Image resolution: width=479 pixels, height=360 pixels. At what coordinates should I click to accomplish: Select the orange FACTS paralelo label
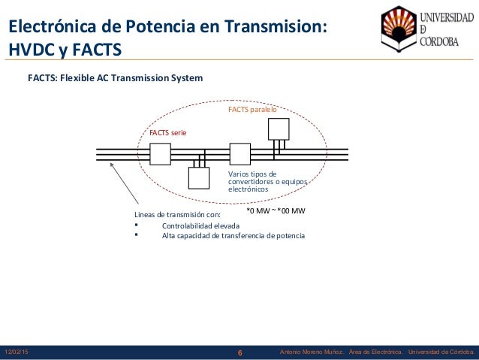pos(252,110)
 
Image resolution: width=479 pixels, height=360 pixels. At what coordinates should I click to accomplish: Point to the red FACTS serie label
pos(167,132)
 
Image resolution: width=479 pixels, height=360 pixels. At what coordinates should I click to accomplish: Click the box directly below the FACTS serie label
pos(161,154)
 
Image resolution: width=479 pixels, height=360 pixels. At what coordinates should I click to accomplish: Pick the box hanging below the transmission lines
pos(198,177)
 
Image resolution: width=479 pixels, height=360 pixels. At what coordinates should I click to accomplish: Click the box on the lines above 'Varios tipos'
pos(239,154)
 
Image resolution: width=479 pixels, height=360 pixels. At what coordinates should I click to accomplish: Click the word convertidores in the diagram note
pos(253,181)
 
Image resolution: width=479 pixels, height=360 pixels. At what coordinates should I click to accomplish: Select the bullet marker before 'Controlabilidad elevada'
pos(137,225)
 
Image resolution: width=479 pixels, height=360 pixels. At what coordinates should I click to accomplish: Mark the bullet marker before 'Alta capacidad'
pos(137,235)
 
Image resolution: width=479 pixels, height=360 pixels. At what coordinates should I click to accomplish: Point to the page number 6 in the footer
pos(239,352)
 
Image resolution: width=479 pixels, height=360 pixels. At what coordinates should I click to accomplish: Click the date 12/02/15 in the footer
pos(17,352)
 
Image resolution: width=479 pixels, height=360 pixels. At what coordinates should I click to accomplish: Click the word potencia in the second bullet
pos(288,236)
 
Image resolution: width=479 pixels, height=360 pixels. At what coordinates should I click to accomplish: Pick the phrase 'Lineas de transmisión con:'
pos(178,214)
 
